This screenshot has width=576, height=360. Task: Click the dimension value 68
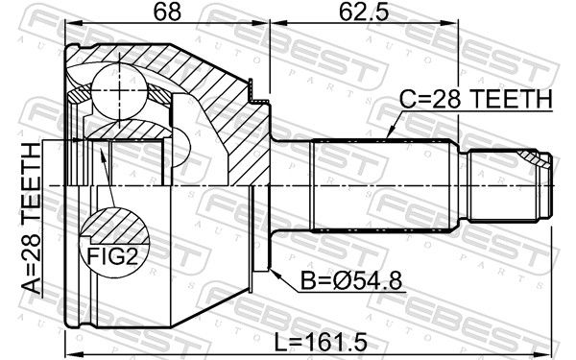click(167, 12)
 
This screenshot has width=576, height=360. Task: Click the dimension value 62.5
click(363, 12)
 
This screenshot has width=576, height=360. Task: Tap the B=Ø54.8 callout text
click(351, 280)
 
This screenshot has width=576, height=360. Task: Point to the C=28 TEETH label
click(476, 99)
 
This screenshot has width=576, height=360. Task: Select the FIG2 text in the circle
click(112, 256)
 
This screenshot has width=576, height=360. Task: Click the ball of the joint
click(120, 91)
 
